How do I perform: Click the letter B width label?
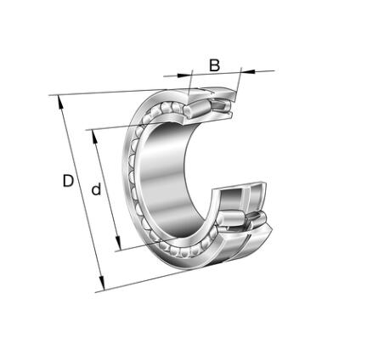(214, 65)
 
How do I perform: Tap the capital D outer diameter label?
(68, 181)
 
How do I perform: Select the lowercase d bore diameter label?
(96, 189)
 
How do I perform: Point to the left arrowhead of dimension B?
(184, 75)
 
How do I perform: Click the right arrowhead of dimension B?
(248, 71)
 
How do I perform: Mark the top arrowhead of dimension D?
(60, 102)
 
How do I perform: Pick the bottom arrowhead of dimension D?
(102, 283)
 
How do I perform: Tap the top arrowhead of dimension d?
(94, 137)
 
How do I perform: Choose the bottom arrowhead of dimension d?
(118, 243)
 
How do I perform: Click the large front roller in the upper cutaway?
(197, 109)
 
